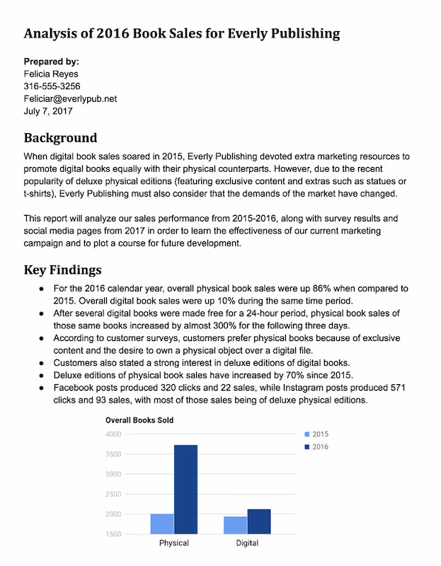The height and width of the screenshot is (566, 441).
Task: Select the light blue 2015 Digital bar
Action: pyautogui.click(x=236, y=525)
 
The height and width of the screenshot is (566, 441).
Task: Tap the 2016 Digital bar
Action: pyautogui.click(x=259, y=521)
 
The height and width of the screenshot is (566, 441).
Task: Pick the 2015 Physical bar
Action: pyautogui.click(x=162, y=524)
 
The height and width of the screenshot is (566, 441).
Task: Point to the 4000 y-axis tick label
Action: pyautogui.click(x=113, y=434)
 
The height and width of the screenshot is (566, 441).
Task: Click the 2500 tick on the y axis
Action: pyautogui.click(x=113, y=494)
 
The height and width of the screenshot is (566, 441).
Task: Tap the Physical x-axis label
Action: pyautogui.click(x=174, y=543)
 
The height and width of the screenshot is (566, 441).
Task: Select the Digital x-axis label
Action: pyautogui.click(x=247, y=543)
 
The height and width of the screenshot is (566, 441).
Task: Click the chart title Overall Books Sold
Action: pyautogui.click(x=139, y=420)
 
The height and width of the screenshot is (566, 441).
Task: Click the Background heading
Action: pyautogui.click(x=60, y=137)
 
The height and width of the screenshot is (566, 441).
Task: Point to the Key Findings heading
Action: pyautogui.click(x=62, y=270)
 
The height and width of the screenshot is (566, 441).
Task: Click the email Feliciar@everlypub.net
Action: pyautogui.click(x=70, y=99)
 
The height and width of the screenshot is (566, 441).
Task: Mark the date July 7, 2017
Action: pyautogui.click(x=48, y=111)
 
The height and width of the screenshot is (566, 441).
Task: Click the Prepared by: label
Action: pyautogui.click(x=52, y=62)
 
